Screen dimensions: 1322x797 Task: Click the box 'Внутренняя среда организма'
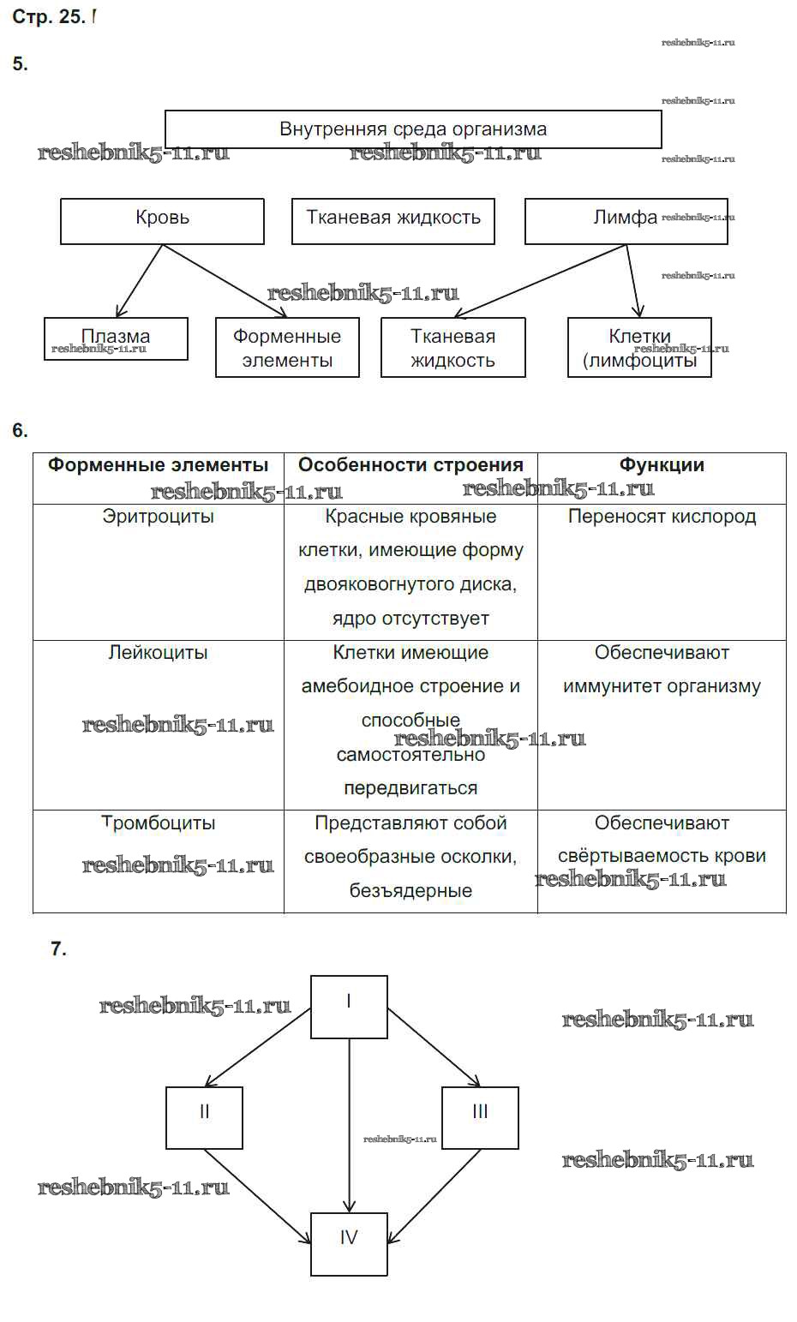point(412,129)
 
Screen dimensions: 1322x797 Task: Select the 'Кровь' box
point(162,221)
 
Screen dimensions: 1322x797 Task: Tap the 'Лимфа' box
point(626,221)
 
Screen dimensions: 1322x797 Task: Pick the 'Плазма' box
point(116,338)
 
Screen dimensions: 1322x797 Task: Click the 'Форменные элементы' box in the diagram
point(287,348)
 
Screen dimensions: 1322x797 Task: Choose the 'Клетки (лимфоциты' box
point(639,348)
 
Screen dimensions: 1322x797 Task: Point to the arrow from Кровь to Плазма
point(140,281)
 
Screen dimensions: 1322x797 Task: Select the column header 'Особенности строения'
point(410,465)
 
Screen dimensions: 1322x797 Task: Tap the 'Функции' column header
point(662,465)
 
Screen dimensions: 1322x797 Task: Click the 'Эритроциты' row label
point(158,517)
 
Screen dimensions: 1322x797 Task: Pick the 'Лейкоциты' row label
point(158,653)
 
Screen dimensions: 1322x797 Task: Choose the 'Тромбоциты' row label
point(158,823)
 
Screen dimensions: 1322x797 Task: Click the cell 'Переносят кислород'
point(662,517)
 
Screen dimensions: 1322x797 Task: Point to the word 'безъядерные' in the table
point(410,891)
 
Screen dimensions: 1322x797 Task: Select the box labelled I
point(349,1007)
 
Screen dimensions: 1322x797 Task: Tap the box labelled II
point(204,1117)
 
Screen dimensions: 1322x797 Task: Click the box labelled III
point(480,1117)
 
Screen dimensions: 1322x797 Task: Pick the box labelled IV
point(349,1244)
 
